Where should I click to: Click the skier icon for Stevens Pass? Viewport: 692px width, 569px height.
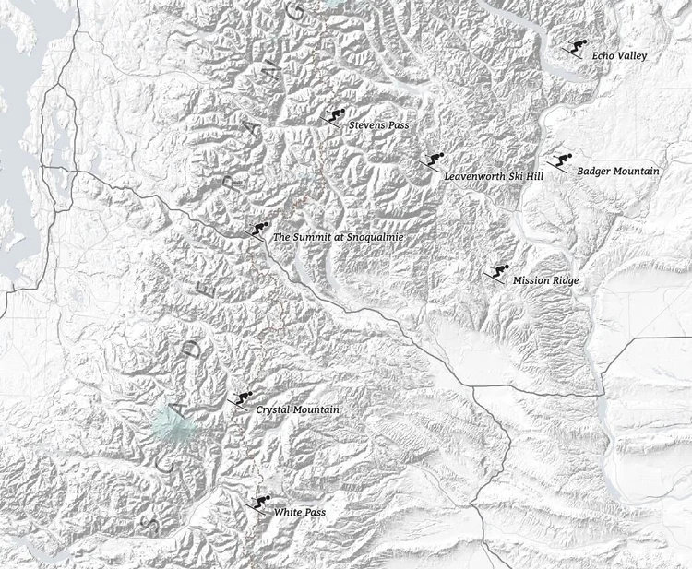pyautogui.click(x=334, y=117)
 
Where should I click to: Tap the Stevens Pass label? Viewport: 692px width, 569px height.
pyautogui.click(x=378, y=124)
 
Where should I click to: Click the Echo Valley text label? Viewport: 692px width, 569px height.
pyautogui.click(x=619, y=56)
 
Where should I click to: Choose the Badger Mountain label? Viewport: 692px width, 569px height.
pyautogui.click(x=618, y=171)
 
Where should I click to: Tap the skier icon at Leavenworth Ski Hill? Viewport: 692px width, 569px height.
pyautogui.click(x=432, y=161)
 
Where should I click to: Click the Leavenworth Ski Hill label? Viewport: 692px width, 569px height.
pyautogui.click(x=494, y=175)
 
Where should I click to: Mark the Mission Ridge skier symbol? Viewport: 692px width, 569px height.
pyautogui.click(x=498, y=273)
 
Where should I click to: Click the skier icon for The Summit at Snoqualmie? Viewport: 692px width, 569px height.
pyautogui.click(x=258, y=231)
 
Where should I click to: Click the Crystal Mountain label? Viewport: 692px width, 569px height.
pyautogui.click(x=298, y=409)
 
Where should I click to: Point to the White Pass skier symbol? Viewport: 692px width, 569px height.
pyautogui.click(x=260, y=503)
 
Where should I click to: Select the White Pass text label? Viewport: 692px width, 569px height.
pyautogui.click(x=300, y=512)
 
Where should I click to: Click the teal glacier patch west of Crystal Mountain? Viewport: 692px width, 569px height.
pyautogui.click(x=174, y=425)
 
